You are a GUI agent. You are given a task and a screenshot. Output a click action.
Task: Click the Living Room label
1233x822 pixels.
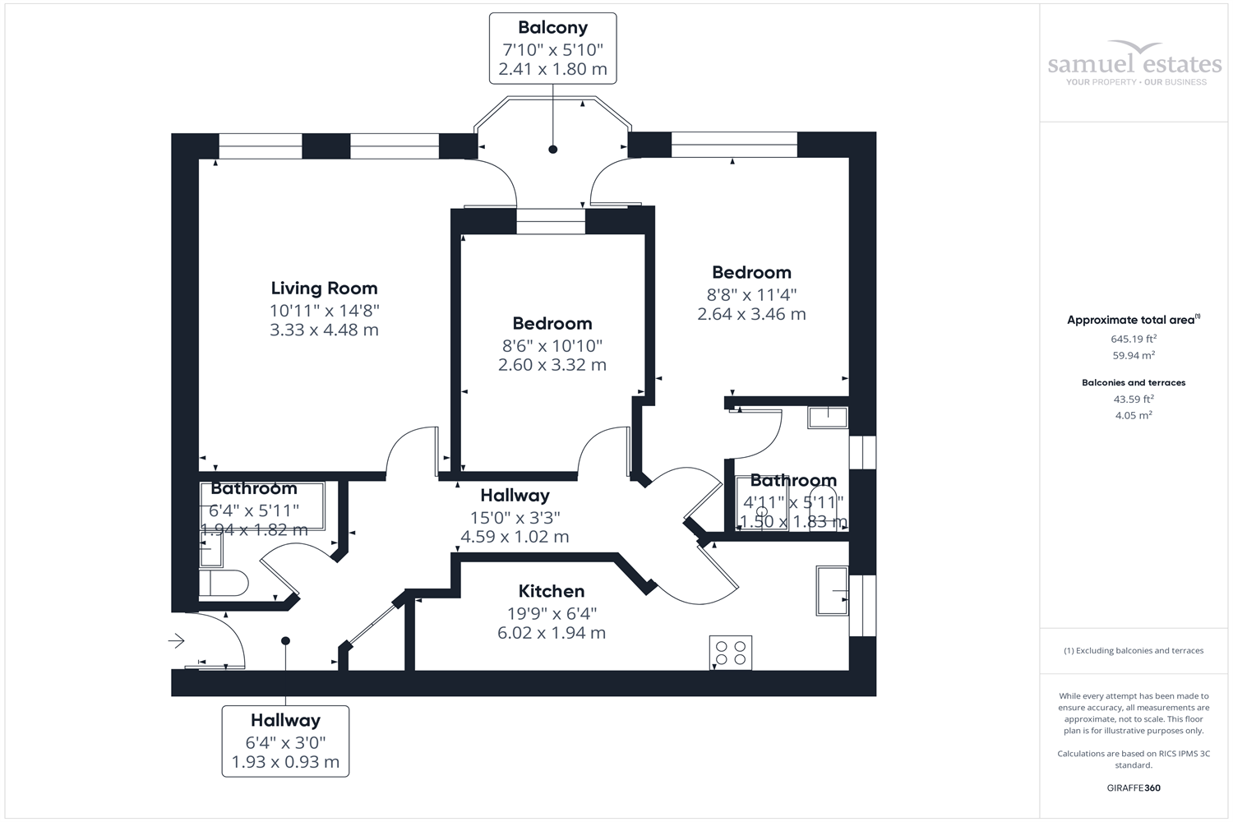324,289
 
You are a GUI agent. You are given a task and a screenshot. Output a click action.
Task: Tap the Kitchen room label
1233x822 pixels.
552,591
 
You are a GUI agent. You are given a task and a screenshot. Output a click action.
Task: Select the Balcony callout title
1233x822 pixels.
552,28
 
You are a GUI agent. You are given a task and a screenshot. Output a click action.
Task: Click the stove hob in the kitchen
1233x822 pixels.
731,653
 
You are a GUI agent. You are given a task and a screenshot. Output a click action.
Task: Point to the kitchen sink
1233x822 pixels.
832,590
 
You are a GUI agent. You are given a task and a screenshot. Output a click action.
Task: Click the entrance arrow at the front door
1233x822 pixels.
177,640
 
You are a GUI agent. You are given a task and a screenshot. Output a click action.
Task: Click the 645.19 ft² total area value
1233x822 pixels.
1134,339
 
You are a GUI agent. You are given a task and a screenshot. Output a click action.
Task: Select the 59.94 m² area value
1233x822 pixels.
1134,356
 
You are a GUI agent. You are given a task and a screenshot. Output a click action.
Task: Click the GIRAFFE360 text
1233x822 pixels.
1134,787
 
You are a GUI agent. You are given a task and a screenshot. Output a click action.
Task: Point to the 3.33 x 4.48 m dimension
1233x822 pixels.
324,330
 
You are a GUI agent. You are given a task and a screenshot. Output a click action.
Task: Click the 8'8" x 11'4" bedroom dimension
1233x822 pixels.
751,294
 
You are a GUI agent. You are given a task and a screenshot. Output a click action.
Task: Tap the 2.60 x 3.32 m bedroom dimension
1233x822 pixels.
552,365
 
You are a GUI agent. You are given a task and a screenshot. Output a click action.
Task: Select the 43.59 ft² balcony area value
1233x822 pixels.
1134,399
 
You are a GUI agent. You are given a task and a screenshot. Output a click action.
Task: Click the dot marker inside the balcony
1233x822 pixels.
553,149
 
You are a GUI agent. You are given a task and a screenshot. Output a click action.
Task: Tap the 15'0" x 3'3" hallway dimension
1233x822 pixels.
515,518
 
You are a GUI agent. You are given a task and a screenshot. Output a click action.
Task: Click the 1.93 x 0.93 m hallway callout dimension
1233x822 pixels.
285,762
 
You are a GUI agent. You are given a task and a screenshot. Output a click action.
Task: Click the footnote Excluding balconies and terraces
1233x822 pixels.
1134,651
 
